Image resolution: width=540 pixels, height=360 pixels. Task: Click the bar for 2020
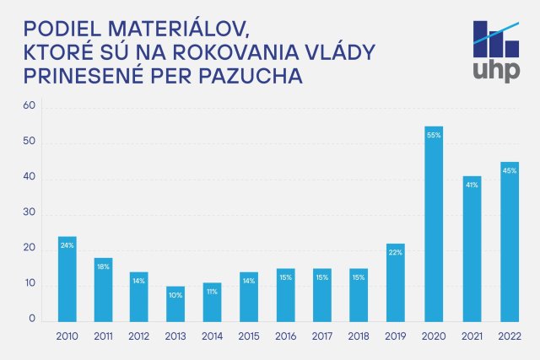[435, 224]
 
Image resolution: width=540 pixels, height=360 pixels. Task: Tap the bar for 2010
[67, 279]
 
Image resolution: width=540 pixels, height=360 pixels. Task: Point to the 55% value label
[435, 136]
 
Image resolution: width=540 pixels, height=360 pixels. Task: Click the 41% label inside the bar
[472, 185]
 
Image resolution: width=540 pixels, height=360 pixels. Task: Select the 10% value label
[176, 294]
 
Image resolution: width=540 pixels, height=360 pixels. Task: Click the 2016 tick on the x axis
[287, 336]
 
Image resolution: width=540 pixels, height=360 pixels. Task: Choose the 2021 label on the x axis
[472, 336]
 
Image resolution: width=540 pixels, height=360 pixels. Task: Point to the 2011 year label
[103, 336]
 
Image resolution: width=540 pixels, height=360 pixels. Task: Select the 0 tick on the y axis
[32, 320]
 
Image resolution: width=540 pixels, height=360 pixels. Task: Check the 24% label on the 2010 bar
[67, 245]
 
